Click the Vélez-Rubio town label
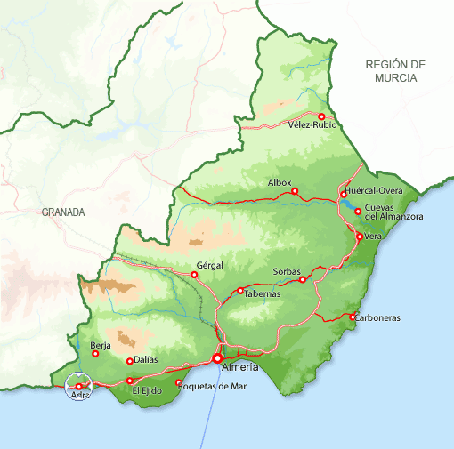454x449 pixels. [x=312, y=125]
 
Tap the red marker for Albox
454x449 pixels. [x=295, y=191]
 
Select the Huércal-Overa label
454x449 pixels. [x=377, y=190]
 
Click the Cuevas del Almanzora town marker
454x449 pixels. [x=358, y=212]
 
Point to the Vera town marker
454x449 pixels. [x=359, y=237]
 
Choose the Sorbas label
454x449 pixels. [x=287, y=270]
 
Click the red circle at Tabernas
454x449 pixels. [x=240, y=291]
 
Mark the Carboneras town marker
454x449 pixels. [x=353, y=317]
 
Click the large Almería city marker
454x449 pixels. [x=217, y=358]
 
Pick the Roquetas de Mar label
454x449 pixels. [x=213, y=385]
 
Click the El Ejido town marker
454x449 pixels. [x=130, y=381]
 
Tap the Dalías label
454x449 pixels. [x=147, y=361]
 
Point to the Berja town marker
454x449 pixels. [x=95, y=354]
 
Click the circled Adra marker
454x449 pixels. [x=79, y=386]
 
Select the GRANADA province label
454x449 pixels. [x=63, y=212]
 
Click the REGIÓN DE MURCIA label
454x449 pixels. [x=396, y=71]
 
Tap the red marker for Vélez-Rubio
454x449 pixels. [x=321, y=116]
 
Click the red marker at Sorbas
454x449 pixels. [x=303, y=280]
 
